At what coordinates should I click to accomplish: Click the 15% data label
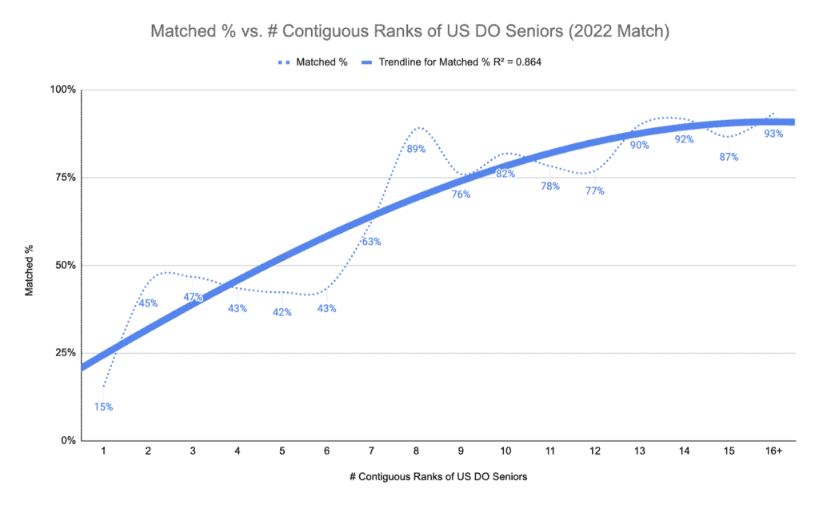coord(103,407)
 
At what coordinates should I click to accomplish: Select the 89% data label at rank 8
coord(417,149)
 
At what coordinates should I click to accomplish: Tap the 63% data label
coord(371,241)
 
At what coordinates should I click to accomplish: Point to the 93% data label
coord(773,134)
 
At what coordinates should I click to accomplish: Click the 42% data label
coord(282,312)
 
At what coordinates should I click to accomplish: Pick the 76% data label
coord(461,194)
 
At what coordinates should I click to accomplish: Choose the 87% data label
coord(729,157)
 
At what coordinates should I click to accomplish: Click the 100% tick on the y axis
coord(63,90)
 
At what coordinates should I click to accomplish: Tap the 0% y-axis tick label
coord(69,441)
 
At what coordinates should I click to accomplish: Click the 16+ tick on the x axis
coord(773,451)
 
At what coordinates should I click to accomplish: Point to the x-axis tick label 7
coord(371,451)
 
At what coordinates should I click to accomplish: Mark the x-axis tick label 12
coord(594,451)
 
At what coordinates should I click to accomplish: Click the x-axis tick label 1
coord(103,451)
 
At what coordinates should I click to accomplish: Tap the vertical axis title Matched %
coord(30,265)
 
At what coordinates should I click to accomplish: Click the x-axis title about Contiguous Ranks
coord(438,476)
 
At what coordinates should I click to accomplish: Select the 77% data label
coord(594,190)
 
